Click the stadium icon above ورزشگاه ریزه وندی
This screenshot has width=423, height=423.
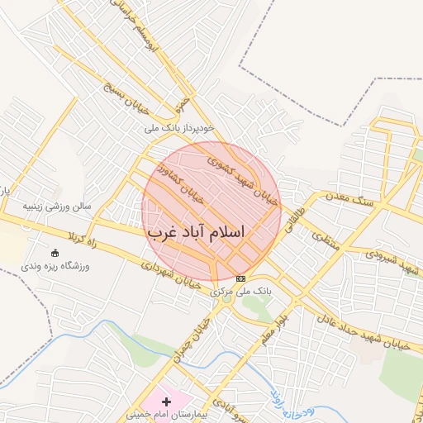(x=55, y=252)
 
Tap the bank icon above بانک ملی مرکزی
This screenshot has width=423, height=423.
(x=240, y=278)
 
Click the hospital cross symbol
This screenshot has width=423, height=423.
(x=167, y=401)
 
